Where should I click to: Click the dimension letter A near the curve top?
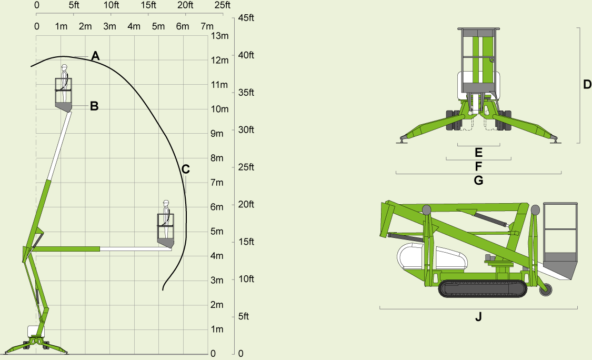click(96, 56)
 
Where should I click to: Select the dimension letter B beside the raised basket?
click(94, 106)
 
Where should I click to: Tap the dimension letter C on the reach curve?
click(185, 169)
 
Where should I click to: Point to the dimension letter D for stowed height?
click(587, 84)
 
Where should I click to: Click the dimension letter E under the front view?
click(478, 153)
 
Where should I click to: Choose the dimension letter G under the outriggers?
click(478, 181)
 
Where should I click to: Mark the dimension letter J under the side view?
click(478, 316)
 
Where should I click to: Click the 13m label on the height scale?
click(220, 36)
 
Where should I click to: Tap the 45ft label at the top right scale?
click(246, 18)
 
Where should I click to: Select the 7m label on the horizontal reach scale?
click(207, 26)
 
